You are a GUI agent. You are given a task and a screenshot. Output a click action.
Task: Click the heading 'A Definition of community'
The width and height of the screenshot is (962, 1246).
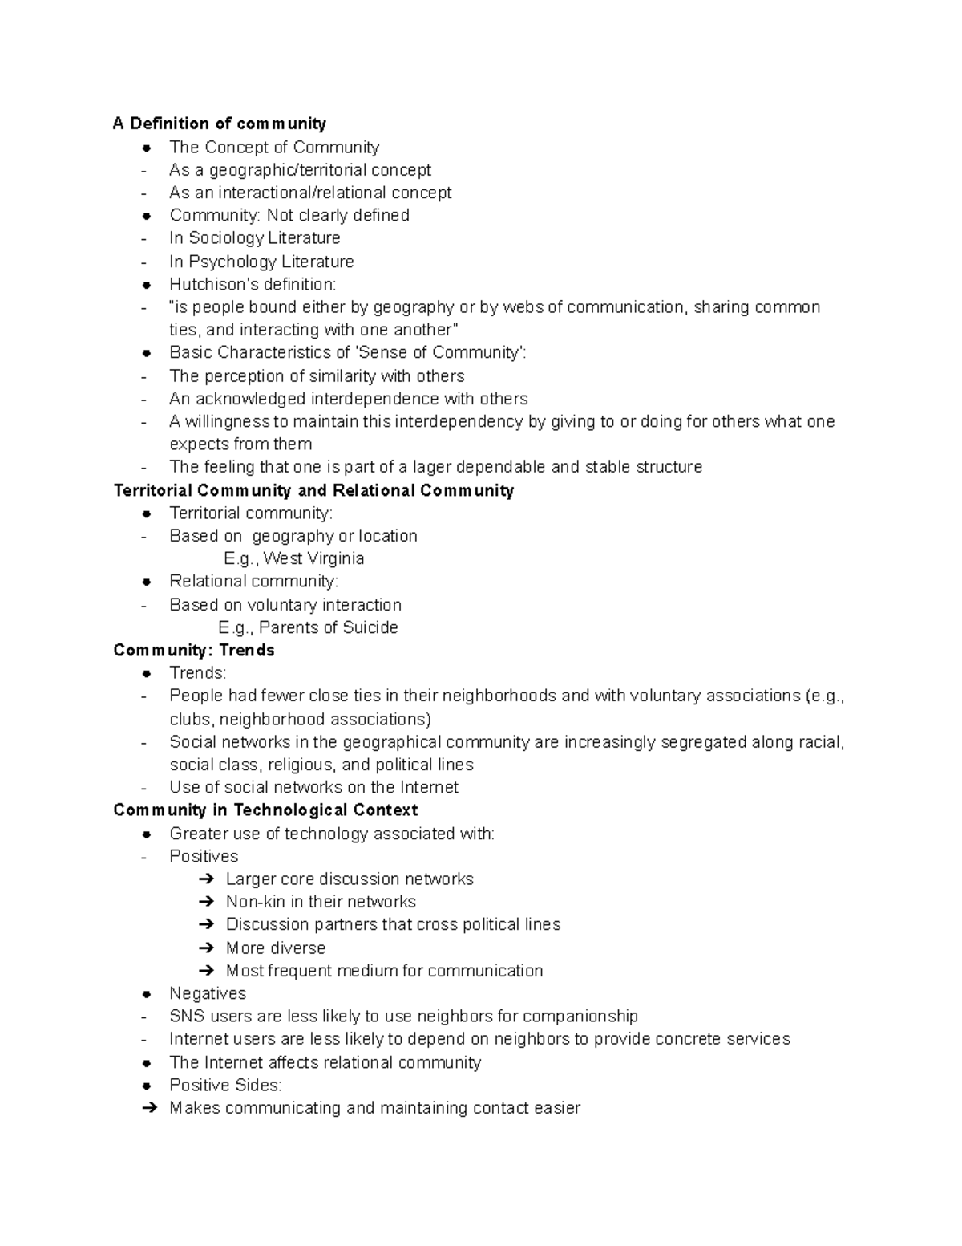(219, 124)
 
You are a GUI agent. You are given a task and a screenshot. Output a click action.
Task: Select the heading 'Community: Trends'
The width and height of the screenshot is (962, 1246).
(194, 650)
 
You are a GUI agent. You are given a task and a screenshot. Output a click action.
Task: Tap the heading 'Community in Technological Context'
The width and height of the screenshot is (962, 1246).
(265, 810)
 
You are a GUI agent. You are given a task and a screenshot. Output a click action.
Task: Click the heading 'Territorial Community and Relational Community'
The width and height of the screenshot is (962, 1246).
(313, 490)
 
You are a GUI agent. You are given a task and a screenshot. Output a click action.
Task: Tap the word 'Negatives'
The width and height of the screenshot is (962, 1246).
(208, 993)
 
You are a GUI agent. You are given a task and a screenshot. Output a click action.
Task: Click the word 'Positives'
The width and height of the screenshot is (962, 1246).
(204, 856)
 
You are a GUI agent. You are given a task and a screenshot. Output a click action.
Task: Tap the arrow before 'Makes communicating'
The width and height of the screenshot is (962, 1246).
(148, 1108)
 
